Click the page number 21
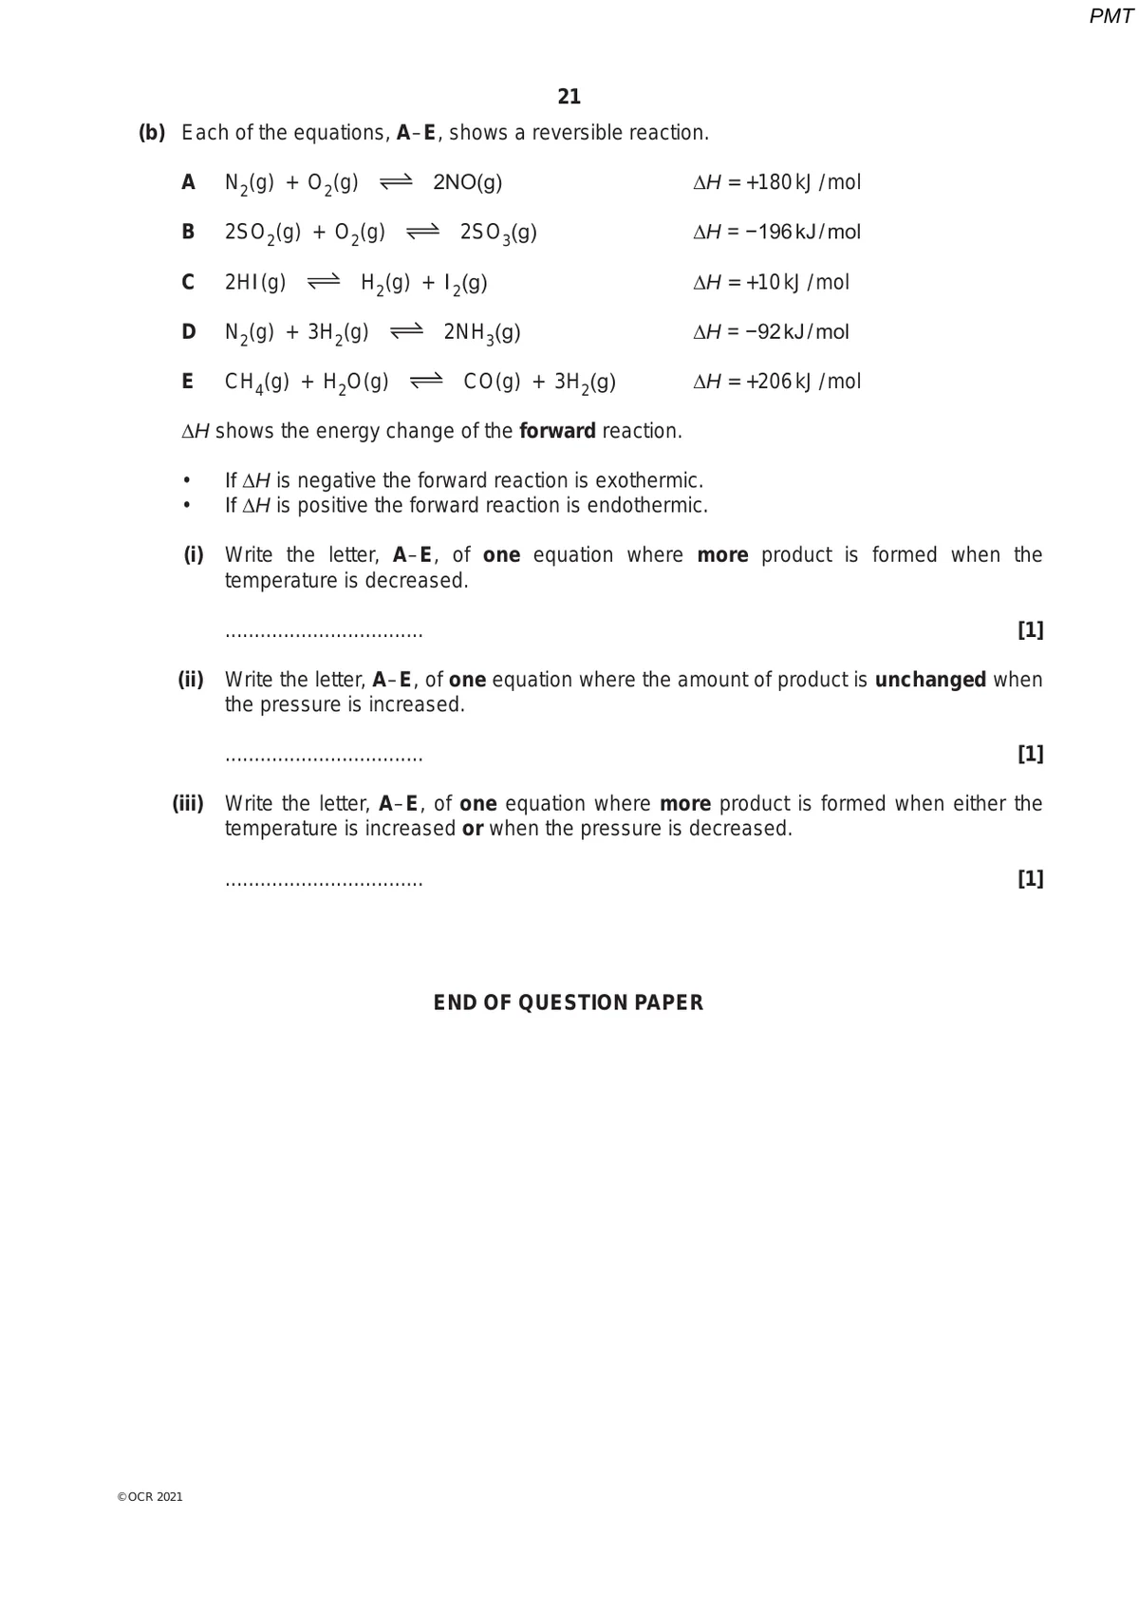(569, 97)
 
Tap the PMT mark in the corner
(1111, 16)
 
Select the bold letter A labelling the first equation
(188, 182)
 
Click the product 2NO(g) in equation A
(467, 182)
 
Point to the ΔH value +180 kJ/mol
(776, 182)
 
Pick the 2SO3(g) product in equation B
(498, 233)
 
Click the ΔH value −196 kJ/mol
(776, 233)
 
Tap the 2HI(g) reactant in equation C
(255, 282)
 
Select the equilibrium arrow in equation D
(406, 332)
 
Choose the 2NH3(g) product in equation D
(482, 332)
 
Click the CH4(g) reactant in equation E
(256, 382)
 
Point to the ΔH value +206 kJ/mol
(776, 382)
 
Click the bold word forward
(557, 431)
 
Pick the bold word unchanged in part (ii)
(930, 680)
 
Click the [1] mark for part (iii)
(1030, 879)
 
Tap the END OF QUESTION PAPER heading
(569, 1003)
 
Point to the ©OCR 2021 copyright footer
(150, 1497)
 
